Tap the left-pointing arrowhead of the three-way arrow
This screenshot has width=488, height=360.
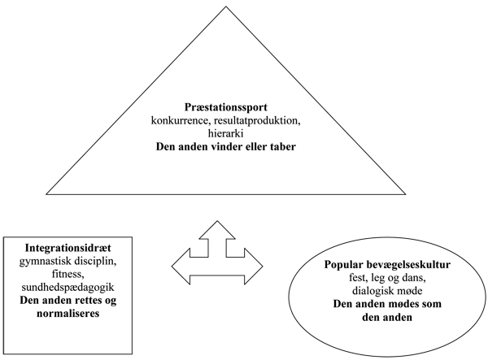click(178, 263)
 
